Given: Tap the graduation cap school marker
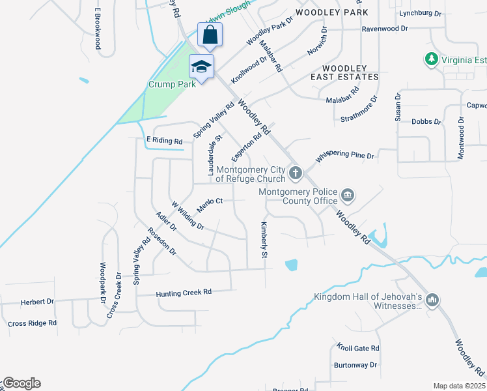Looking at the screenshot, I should pyautogui.click(x=201, y=66).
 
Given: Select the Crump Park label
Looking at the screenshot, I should pyautogui.click(x=172, y=85).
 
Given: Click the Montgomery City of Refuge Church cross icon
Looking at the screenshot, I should pyautogui.click(x=296, y=173).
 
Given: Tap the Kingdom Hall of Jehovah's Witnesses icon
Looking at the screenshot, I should pyautogui.click(x=432, y=300).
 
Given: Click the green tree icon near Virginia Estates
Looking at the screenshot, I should pyautogui.click(x=431, y=60).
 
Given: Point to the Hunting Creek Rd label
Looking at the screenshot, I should pyautogui.click(x=184, y=293).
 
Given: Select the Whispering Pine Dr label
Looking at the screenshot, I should pyautogui.click(x=345, y=156).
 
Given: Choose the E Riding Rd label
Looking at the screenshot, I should pyautogui.click(x=164, y=140).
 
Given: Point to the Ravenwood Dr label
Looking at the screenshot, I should pyautogui.click(x=384, y=29).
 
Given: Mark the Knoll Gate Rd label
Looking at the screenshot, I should pyautogui.click(x=357, y=348).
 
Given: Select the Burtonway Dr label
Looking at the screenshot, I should pyautogui.click(x=355, y=365).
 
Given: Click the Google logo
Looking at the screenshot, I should pyautogui.click(x=21, y=383).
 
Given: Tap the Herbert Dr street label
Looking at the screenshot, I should pyautogui.click(x=36, y=302).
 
